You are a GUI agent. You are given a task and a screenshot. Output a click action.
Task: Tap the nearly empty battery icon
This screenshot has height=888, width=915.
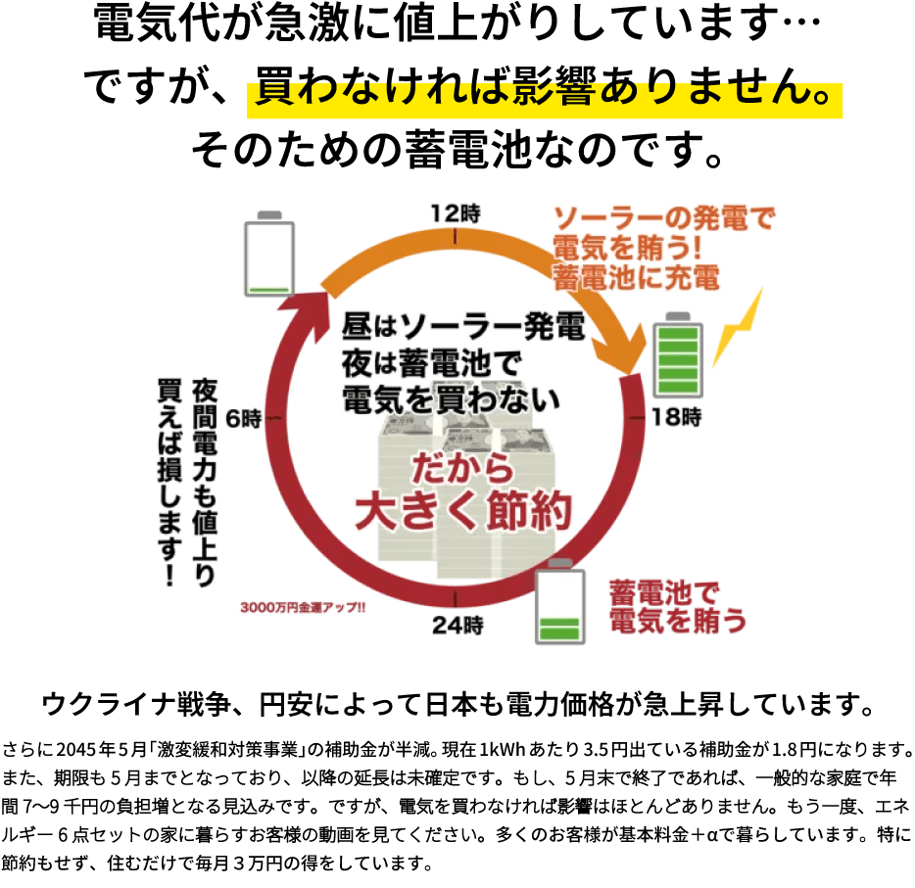[269, 255]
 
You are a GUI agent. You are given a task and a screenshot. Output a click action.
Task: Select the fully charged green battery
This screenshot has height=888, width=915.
[678, 355]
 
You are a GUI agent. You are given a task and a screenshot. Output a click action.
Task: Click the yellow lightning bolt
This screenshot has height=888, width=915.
[738, 328]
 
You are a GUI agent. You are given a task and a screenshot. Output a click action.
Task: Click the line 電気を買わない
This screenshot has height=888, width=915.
[451, 398]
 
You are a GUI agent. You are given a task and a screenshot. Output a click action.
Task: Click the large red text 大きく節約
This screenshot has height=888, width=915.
[462, 512]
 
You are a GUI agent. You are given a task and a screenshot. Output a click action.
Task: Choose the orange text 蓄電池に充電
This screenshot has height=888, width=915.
[637, 277]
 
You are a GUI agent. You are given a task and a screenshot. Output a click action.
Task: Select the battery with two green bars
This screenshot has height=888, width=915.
[559, 607]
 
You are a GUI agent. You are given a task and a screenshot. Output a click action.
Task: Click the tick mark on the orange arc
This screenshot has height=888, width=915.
[457, 235]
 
